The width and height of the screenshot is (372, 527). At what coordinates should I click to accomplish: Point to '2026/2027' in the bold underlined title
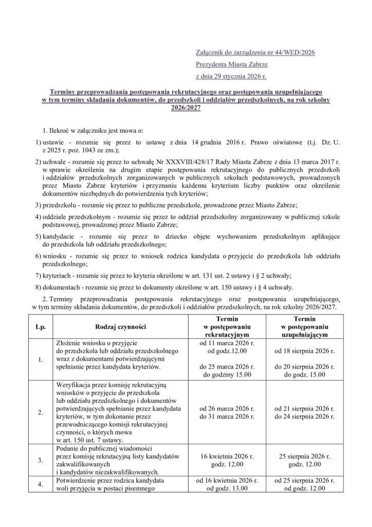click(x=185, y=108)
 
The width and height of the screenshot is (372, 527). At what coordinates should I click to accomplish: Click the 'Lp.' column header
click(x=40, y=326)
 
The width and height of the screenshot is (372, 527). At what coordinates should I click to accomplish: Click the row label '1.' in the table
click(x=40, y=359)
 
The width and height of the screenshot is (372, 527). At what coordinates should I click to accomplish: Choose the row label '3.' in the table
click(x=40, y=460)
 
